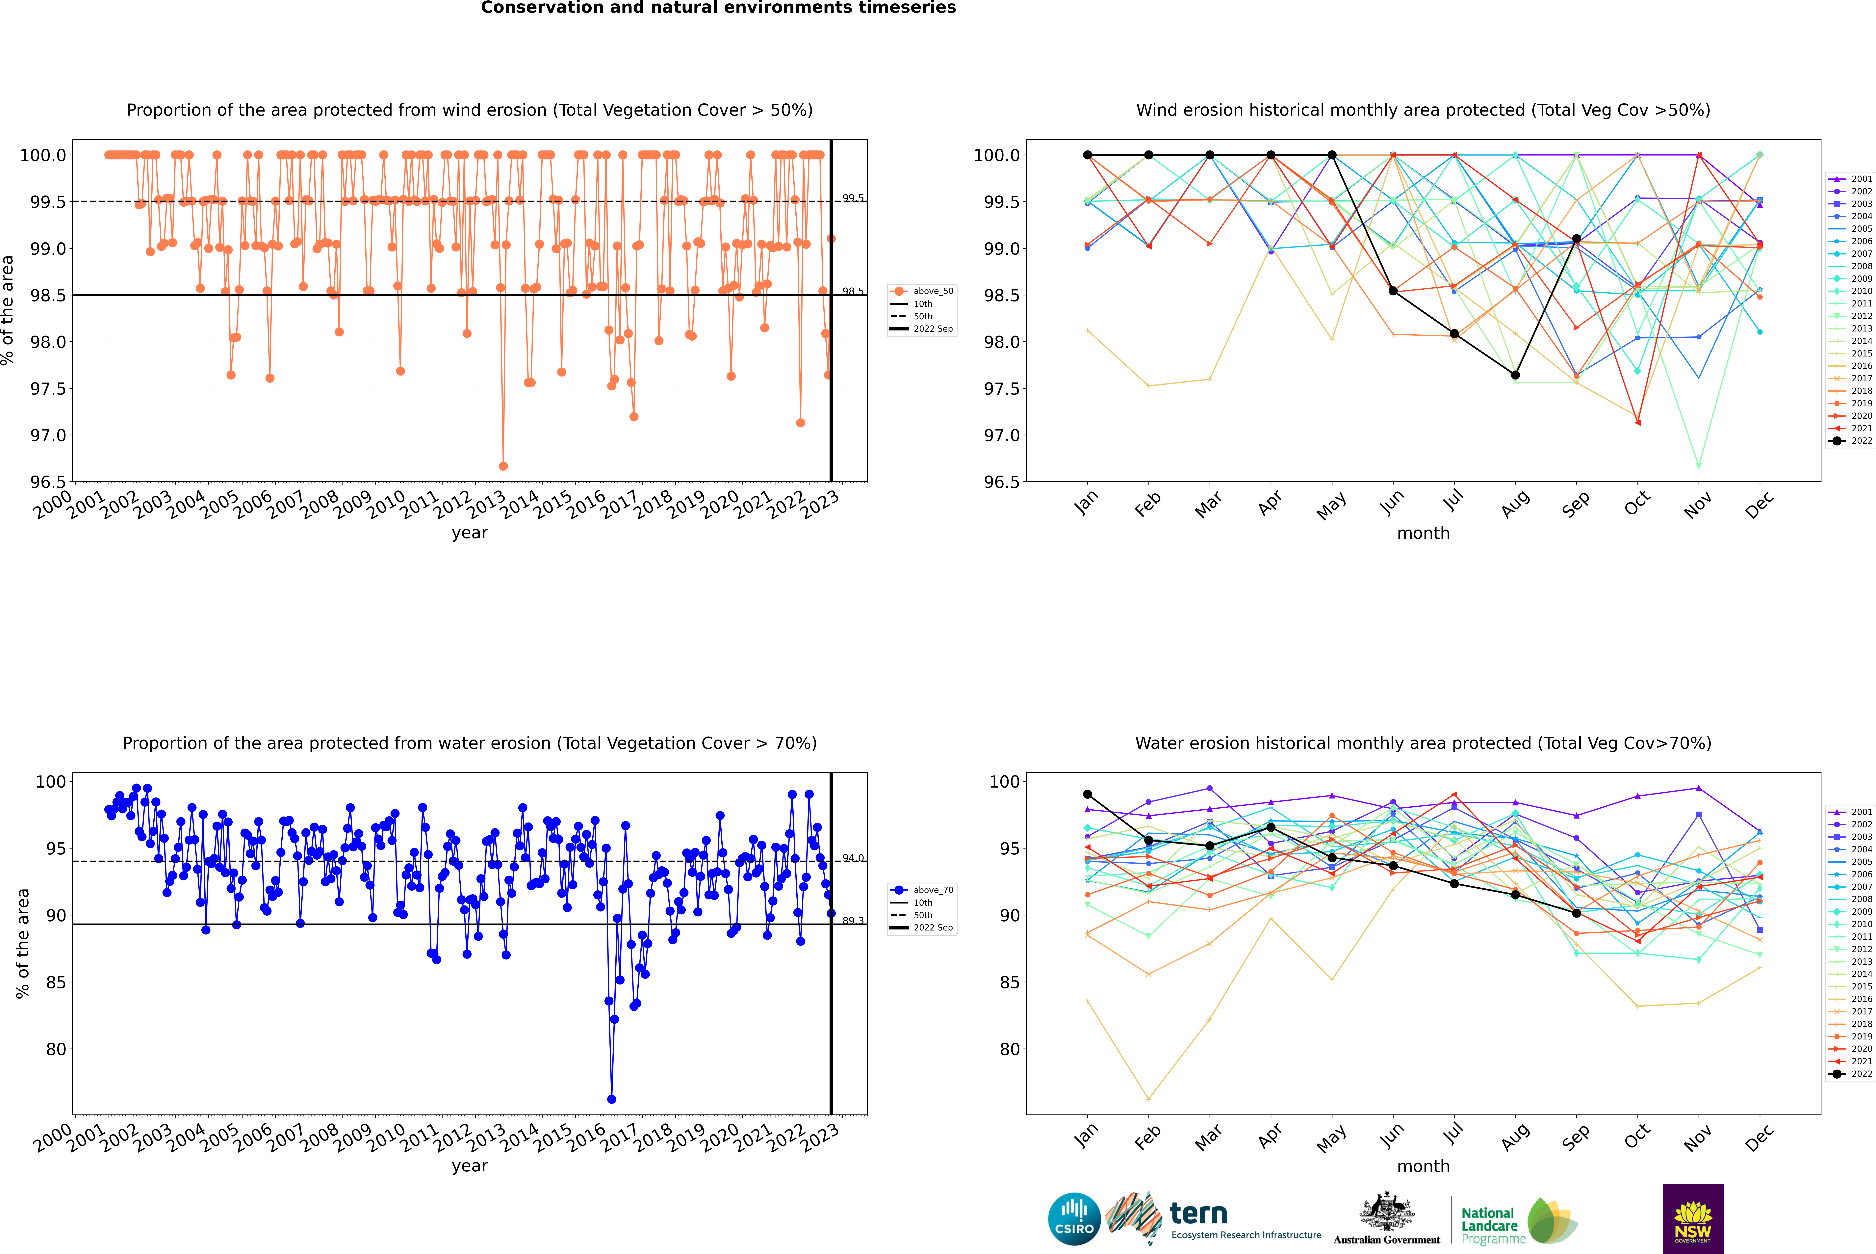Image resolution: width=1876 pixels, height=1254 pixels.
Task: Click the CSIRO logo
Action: (x=1074, y=1219)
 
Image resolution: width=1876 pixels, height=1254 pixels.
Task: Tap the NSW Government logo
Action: (x=1693, y=1219)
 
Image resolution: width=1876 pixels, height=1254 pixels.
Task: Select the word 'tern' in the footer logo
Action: (x=1198, y=1213)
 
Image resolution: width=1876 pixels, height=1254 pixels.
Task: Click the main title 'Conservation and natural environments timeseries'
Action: (x=718, y=8)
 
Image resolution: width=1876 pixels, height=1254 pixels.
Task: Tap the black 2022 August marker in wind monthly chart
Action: (x=1515, y=375)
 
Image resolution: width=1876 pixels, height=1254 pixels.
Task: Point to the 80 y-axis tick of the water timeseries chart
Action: (x=56, y=1049)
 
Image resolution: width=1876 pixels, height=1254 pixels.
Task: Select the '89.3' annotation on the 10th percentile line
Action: (x=853, y=921)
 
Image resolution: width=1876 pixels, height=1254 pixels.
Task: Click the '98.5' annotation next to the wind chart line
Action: (x=853, y=291)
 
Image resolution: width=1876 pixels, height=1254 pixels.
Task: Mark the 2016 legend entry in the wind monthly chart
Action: (x=1861, y=365)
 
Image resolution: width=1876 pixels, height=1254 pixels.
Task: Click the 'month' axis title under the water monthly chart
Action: (x=1423, y=1166)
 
